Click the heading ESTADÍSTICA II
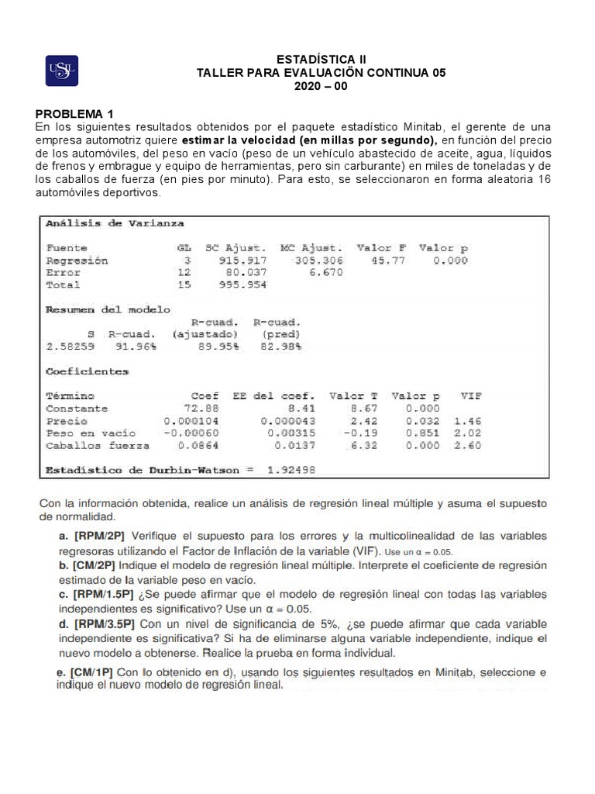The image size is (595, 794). (x=322, y=59)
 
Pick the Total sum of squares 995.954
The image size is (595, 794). (x=242, y=285)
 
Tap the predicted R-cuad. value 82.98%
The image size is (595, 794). (x=277, y=347)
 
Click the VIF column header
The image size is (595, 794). (x=470, y=395)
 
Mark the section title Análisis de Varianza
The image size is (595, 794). (x=115, y=223)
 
